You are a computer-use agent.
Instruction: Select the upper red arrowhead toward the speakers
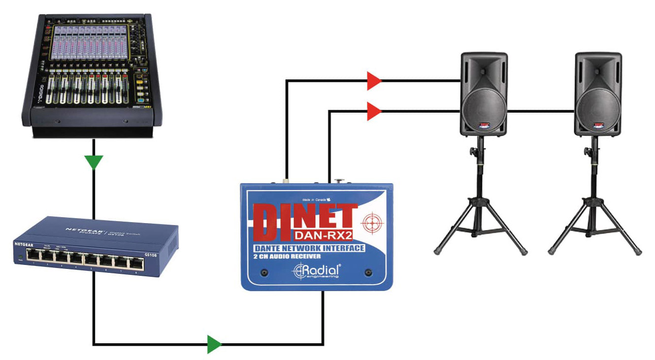(x=374, y=81)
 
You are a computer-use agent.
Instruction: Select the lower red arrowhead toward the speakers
(x=374, y=111)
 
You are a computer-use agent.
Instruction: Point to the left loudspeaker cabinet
(x=484, y=94)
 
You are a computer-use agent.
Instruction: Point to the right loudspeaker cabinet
(x=597, y=94)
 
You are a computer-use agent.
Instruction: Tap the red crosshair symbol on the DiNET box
(x=371, y=224)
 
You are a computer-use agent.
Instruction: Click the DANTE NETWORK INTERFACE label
(x=309, y=248)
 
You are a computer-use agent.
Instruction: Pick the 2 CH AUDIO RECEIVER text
(x=288, y=257)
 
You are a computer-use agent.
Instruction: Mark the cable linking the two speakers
(x=541, y=111)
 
